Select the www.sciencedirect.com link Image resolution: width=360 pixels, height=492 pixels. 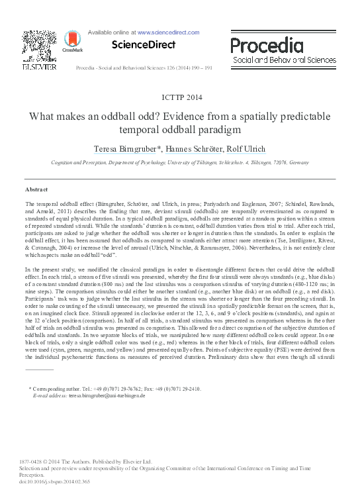pos(169,31)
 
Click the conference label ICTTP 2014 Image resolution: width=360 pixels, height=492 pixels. pos(179,96)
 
